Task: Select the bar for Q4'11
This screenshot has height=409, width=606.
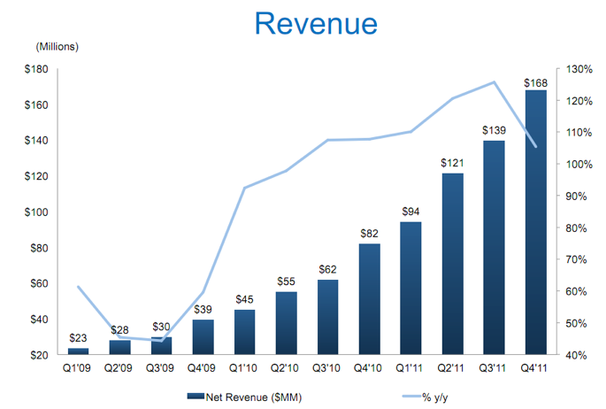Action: coord(536,222)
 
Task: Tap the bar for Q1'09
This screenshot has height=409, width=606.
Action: coord(79,351)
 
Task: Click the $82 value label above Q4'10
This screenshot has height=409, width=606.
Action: coord(370,233)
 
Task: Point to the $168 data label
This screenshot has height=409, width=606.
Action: coord(536,83)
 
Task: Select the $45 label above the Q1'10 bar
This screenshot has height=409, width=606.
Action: coord(245,298)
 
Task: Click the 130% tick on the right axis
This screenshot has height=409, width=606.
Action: coord(574,69)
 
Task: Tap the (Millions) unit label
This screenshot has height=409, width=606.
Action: coord(58,46)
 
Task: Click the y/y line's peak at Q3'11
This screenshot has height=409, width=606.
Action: coord(495,82)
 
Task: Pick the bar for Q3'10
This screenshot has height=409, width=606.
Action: coord(328,317)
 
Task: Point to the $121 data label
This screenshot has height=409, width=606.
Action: coord(453,163)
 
